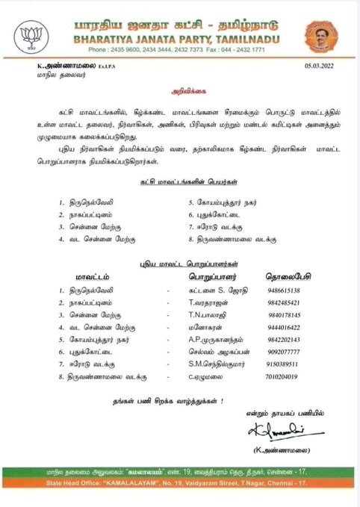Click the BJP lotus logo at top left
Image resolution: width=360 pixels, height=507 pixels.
click(29, 35)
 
